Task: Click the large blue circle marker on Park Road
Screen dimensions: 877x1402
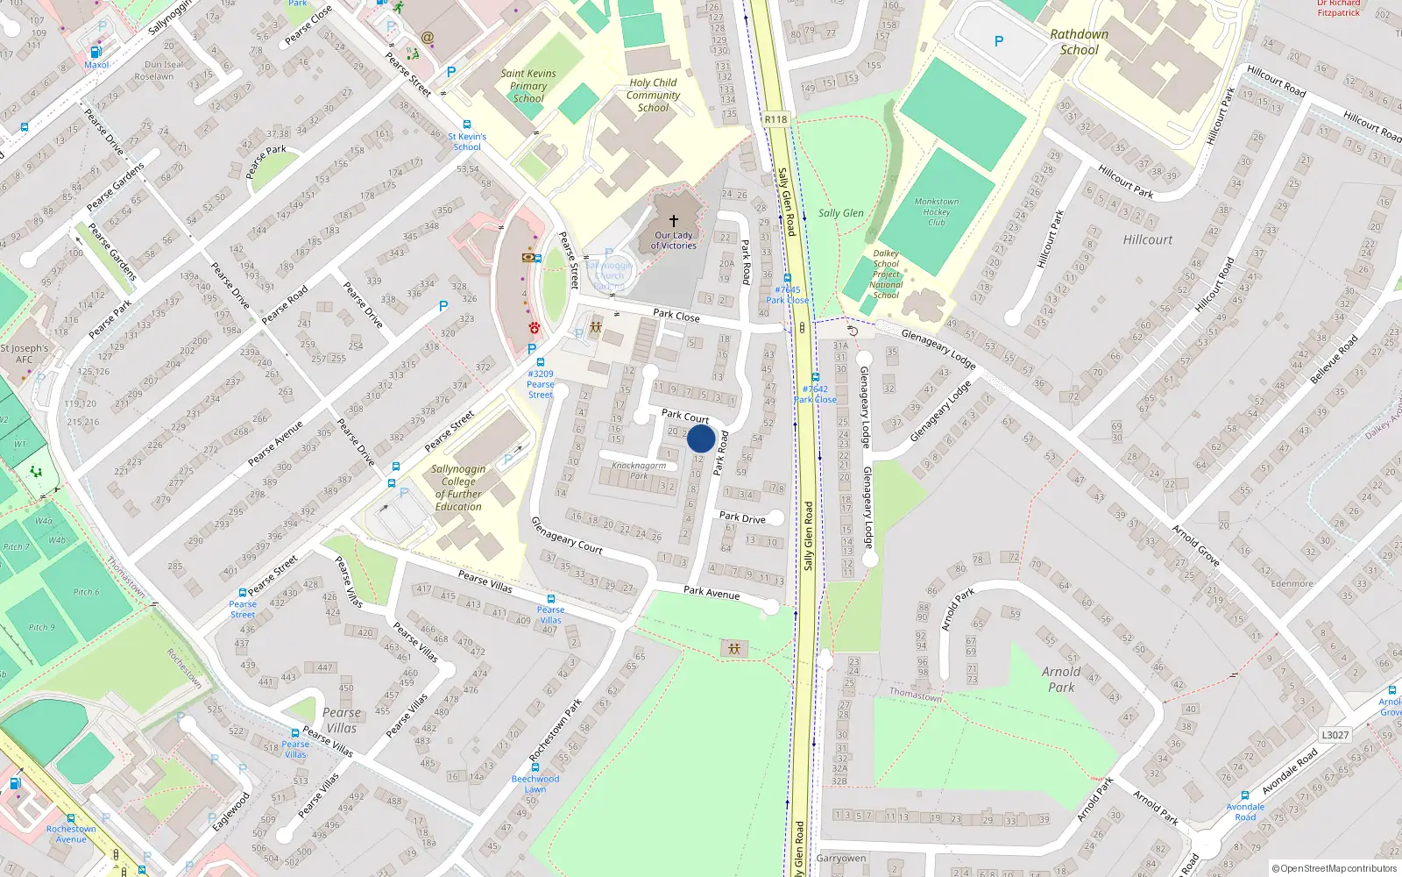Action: (701, 438)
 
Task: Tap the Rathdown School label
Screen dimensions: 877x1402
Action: (1079, 42)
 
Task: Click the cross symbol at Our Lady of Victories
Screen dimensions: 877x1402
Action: (674, 221)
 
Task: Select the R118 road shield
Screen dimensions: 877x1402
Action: (775, 119)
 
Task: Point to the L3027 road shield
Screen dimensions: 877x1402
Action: (1335, 735)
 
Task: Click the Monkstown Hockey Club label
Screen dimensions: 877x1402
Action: (936, 211)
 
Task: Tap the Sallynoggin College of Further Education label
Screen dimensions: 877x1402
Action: (458, 488)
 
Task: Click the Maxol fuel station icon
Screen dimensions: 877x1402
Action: (96, 52)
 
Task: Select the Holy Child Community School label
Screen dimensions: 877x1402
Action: (653, 95)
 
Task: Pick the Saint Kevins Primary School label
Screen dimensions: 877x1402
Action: (528, 86)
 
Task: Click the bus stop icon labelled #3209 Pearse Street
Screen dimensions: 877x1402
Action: (540, 362)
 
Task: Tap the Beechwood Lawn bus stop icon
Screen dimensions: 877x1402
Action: (535, 767)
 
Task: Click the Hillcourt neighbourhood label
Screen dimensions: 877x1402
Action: (1147, 239)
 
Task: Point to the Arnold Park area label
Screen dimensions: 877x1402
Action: (1061, 680)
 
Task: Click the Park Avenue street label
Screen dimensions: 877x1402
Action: (712, 593)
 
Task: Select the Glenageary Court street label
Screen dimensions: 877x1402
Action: (567, 535)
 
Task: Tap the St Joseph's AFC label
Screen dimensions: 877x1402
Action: (25, 353)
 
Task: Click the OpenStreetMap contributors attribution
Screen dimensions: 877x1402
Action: (1335, 868)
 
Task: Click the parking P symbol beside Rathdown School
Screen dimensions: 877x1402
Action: (999, 41)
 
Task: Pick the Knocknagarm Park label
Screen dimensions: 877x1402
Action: (639, 470)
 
